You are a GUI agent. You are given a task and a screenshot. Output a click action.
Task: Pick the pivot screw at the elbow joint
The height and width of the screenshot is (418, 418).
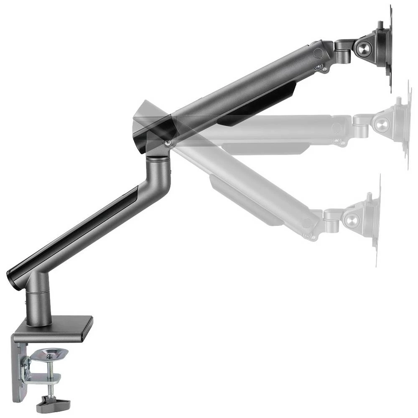point(167,143)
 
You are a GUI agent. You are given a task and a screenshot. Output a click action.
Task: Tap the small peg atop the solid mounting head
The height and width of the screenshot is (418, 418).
point(381,25)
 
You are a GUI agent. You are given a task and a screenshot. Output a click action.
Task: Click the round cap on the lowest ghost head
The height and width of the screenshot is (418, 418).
point(352,219)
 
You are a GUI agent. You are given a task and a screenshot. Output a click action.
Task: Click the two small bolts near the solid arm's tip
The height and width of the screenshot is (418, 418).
point(321,67)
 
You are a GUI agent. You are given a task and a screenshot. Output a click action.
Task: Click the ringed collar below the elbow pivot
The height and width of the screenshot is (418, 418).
point(158,159)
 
